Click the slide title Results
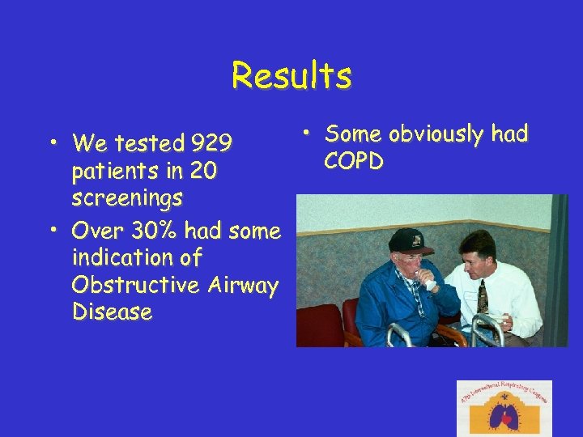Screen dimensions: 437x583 [x=291, y=76]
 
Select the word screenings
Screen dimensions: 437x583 [x=127, y=198]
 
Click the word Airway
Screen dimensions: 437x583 [x=240, y=285]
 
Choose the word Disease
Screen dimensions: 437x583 [x=112, y=312]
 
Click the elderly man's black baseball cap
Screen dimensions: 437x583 [x=410, y=240]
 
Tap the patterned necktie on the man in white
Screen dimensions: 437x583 [x=483, y=296]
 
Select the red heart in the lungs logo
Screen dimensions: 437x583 [x=506, y=420]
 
